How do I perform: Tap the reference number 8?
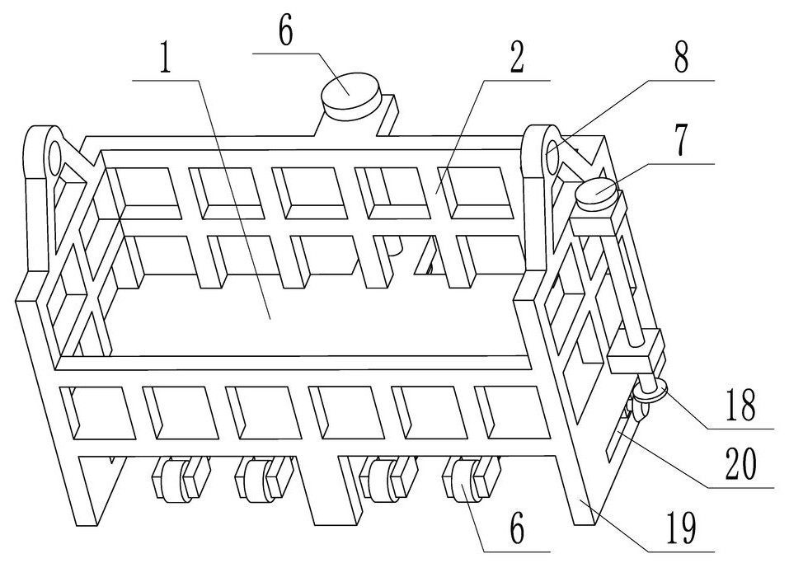tap(681, 56)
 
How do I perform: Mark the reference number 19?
tap(681, 528)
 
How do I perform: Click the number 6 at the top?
tap(285, 30)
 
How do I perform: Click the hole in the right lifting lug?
tap(551, 154)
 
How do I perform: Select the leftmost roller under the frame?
tap(171, 479)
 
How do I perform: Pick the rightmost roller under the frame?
tap(464, 480)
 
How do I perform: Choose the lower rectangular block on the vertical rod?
tap(636, 352)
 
